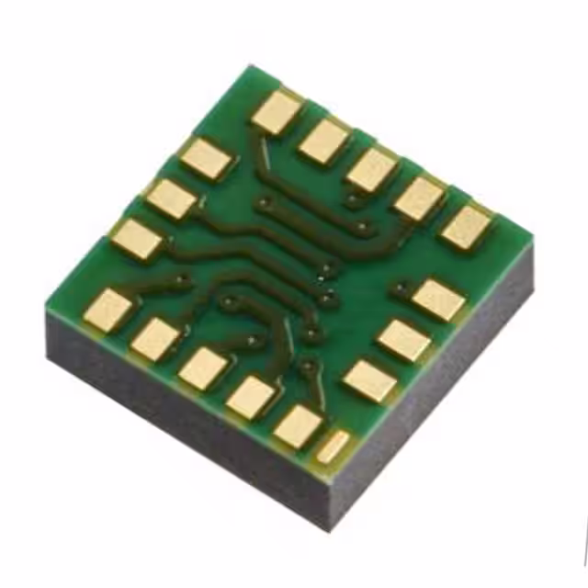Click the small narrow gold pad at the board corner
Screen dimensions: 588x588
(x=333, y=447)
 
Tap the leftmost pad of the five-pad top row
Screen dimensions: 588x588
(x=277, y=112)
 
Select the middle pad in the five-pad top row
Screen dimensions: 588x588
(x=372, y=170)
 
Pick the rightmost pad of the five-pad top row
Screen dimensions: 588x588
(x=467, y=227)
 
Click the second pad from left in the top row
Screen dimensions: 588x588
(x=324, y=141)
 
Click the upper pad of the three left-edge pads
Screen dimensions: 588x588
(x=206, y=158)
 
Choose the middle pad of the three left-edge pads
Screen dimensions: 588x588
(x=172, y=198)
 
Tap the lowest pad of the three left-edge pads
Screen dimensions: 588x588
(x=137, y=239)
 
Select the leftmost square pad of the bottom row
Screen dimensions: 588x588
(x=108, y=310)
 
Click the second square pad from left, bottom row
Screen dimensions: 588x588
(x=155, y=339)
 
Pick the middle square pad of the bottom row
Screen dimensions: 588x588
(x=203, y=368)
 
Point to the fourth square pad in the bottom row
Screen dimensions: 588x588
(x=251, y=398)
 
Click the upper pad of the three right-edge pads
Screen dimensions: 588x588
(x=438, y=300)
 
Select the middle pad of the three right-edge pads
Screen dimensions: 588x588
(x=404, y=340)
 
